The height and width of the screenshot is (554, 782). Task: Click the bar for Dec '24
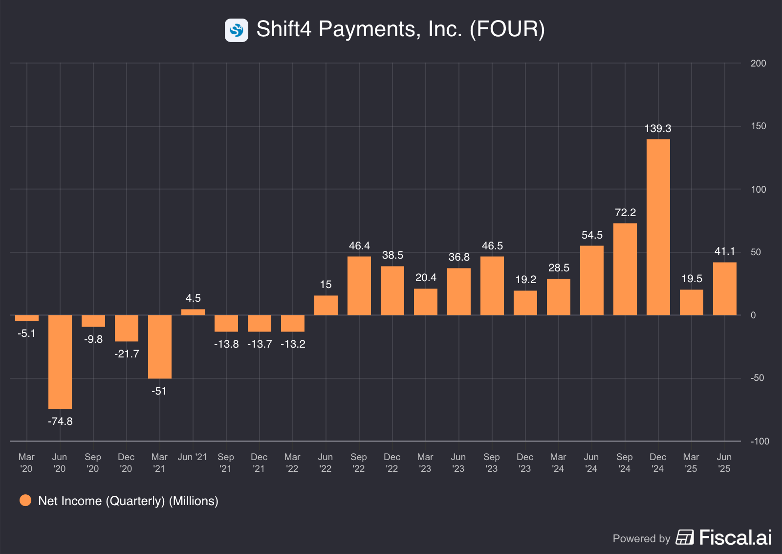click(658, 227)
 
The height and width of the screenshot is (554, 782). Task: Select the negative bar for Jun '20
click(60, 362)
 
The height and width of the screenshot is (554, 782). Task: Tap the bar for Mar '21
click(160, 347)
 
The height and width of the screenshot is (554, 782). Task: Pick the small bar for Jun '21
click(193, 312)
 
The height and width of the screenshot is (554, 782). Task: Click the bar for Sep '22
click(359, 286)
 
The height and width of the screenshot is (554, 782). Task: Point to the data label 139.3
click(658, 129)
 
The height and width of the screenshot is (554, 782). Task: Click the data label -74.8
click(60, 421)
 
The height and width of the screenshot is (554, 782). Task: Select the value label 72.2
click(625, 213)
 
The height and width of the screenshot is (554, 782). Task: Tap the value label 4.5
click(193, 298)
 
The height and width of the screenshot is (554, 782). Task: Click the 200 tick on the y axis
click(758, 64)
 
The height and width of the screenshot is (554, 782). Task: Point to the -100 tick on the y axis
click(760, 442)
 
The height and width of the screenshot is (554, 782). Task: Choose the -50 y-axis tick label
click(757, 378)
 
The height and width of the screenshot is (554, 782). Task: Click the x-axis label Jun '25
click(724, 463)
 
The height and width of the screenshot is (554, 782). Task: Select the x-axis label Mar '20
click(26, 463)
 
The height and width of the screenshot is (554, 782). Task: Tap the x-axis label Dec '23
click(525, 463)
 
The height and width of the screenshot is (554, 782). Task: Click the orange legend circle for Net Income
click(25, 501)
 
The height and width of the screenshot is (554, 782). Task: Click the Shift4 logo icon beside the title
click(237, 30)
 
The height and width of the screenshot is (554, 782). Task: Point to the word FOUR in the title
click(507, 29)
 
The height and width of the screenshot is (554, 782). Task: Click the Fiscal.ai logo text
click(735, 537)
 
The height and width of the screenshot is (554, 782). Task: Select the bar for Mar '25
click(691, 302)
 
